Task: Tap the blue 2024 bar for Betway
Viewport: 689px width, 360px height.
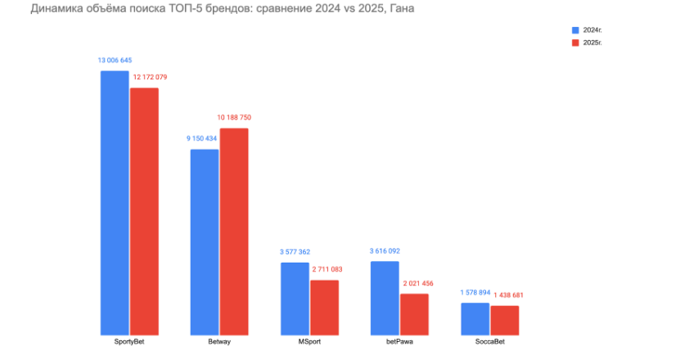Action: tap(205, 241)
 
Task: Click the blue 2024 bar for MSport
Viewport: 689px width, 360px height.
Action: tap(295, 298)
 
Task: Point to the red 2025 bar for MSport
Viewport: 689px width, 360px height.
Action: tap(324, 307)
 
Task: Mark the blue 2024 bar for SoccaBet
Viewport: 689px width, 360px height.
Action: tap(475, 318)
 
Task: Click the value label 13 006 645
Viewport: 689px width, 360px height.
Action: tap(115, 61)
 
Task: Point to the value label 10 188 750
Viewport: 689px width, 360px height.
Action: tap(234, 118)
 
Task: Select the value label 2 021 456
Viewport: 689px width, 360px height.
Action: tap(415, 283)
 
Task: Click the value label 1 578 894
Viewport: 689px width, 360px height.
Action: tap(475, 292)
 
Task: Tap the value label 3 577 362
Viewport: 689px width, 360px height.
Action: tap(295, 252)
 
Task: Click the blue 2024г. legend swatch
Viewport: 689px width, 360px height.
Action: tap(575, 29)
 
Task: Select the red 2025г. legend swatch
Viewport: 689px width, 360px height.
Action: tap(575, 42)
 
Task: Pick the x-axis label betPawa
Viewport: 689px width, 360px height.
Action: tap(399, 341)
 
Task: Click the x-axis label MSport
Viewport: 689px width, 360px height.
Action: tap(309, 341)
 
